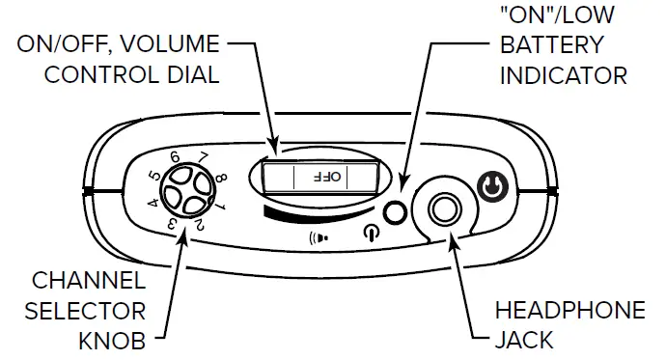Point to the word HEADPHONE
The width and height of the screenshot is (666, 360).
point(569,311)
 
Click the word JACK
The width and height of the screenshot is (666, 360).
point(521,340)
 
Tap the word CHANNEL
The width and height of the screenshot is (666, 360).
point(88,282)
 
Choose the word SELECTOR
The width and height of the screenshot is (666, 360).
point(85,311)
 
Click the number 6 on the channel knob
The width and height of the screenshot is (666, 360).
point(175,156)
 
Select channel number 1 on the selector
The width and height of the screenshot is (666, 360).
point(221,206)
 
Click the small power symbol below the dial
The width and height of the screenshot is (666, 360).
point(372,233)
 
